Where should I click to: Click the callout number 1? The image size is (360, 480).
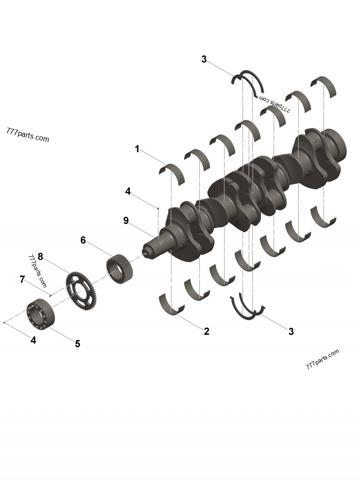(137, 149)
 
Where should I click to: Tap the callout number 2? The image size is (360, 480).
(207, 331)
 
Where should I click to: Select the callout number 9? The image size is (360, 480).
(126, 220)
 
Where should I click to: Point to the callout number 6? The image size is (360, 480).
(83, 240)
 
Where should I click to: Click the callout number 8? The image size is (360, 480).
(40, 256)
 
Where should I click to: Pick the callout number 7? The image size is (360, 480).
(22, 279)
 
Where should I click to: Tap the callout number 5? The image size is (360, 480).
(77, 344)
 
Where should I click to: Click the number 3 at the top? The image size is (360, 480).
(204, 59)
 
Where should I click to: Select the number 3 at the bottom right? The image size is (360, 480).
(291, 331)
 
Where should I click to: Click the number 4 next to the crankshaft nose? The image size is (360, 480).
(128, 191)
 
